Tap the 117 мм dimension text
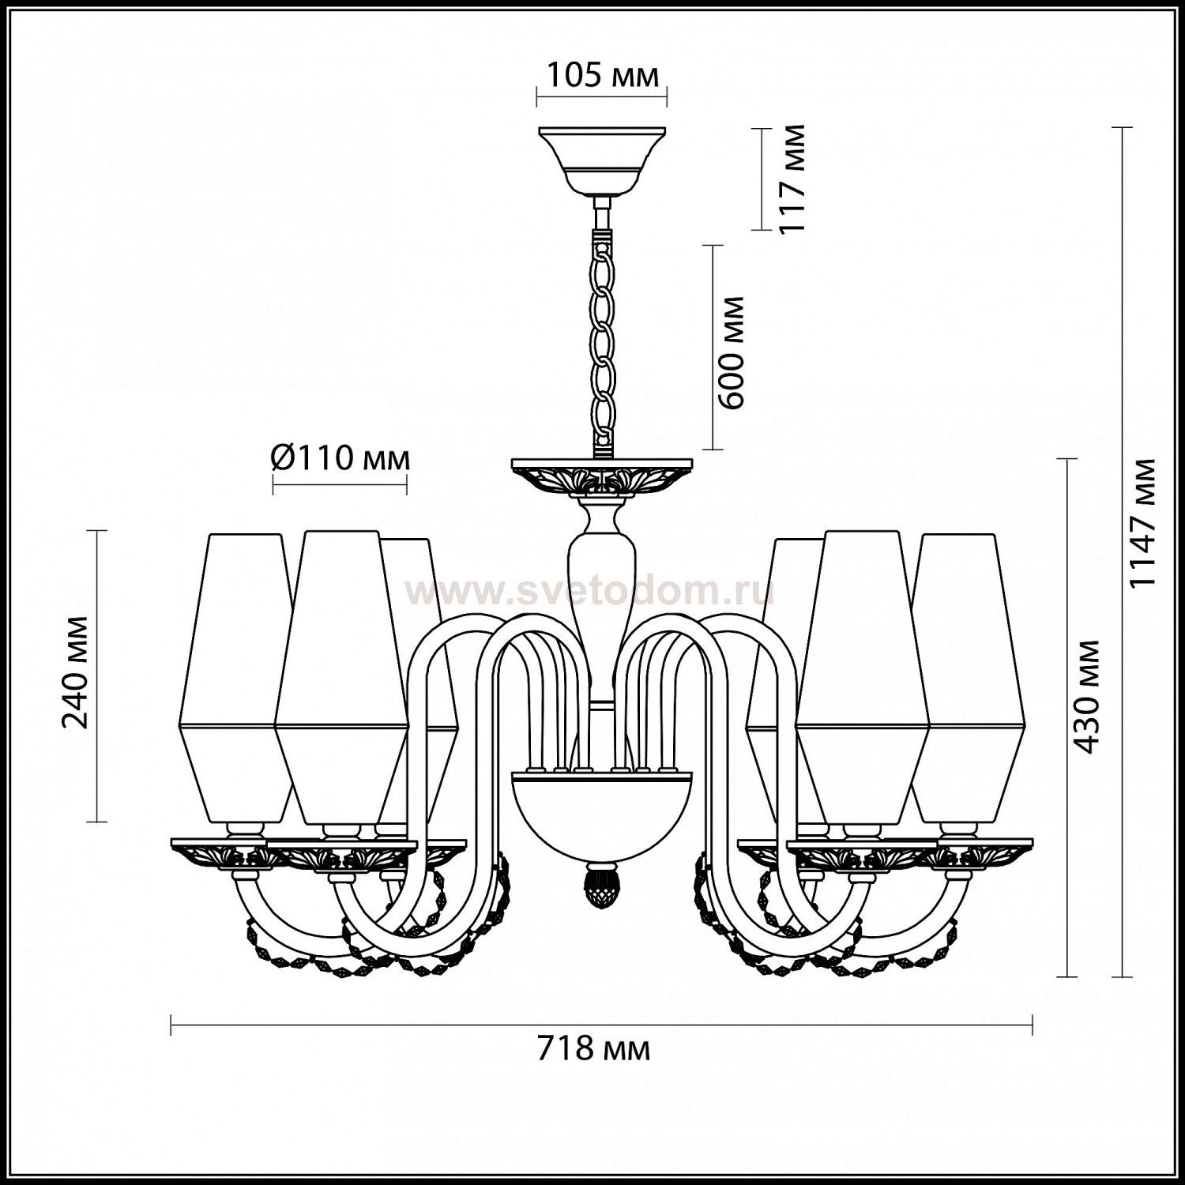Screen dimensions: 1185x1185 [790, 178]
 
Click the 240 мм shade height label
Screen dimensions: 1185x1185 [77, 671]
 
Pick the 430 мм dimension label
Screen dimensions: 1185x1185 [1089, 695]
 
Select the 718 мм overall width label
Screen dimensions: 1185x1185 [594, 1049]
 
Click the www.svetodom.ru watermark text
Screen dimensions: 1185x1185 [590, 591]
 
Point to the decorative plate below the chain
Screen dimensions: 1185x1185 [602, 476]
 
